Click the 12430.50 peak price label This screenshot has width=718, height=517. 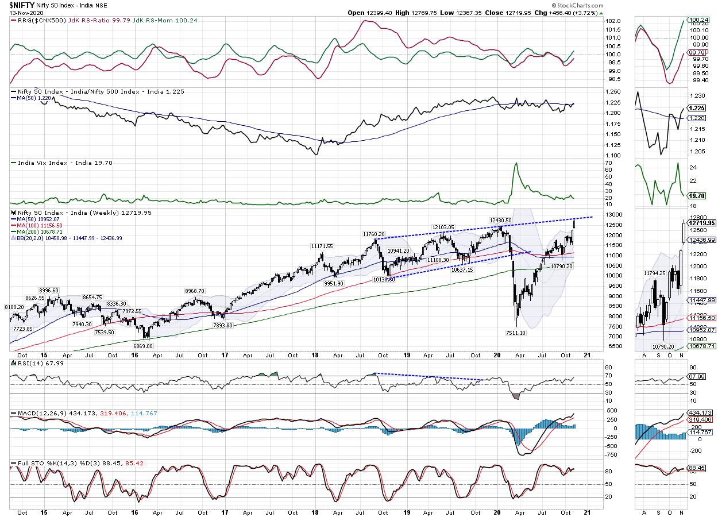click(x=500, y=220)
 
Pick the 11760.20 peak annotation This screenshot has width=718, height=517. click(x=373, y=234)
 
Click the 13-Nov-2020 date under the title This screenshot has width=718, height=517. click(x=18, y=12)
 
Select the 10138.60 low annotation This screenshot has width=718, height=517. click(x=384, y=279)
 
